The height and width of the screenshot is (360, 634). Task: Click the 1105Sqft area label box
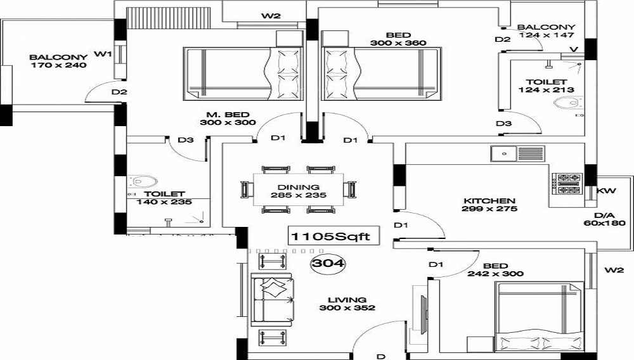click(334, 236)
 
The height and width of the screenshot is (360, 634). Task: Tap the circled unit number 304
click(328, 264)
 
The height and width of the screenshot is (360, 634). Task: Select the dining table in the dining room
click(299, 190)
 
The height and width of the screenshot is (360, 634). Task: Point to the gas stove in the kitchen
click(569, 183)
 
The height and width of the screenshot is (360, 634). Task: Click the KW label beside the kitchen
click(607, 190)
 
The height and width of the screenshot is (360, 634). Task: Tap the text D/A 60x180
click(604, 219)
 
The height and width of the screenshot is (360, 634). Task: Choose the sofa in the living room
click(273, 299)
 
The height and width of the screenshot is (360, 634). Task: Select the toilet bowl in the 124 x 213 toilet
click(569, 103)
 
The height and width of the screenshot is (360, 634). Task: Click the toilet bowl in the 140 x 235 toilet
click(142, 181)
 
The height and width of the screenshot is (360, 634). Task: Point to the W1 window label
click(103, 53)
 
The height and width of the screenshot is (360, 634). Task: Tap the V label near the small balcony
click(574, 49)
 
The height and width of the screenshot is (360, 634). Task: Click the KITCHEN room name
click(489, 201)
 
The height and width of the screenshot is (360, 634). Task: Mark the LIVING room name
click(347, 300)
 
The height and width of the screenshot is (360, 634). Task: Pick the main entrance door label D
click(381, 356)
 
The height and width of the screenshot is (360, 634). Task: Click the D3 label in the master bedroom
click(186, 140)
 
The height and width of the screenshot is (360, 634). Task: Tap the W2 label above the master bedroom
click(271, 16)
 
